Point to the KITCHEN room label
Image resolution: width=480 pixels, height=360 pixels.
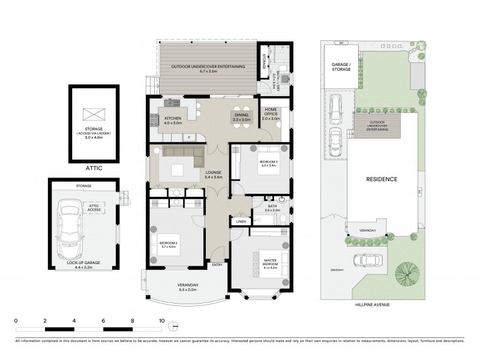[x=173, y=119]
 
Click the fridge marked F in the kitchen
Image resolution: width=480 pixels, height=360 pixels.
[x=190, y=137]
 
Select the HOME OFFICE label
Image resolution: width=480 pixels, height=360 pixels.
[x=272, y=113]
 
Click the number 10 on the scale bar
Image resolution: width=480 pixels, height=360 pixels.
[x=161, y=321]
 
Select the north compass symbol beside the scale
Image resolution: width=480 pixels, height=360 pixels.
[x=174, y=326]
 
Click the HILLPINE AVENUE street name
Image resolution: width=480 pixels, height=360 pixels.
[x=373, y=304]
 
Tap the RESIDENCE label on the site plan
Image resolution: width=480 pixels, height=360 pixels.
[x=382, y=179]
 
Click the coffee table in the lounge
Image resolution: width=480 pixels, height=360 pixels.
[x=178, y=170]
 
